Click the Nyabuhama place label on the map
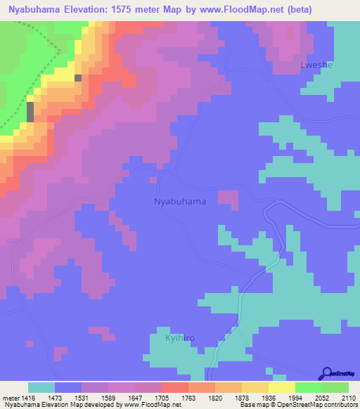click(x=180, y=202)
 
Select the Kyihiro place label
click(x=179, y=338)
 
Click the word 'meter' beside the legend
click(x=8, y=398)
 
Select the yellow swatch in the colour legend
click(x=281, y=387)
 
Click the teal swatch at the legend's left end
click(x=41, y=387)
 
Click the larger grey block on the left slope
click(x=30, y=111)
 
